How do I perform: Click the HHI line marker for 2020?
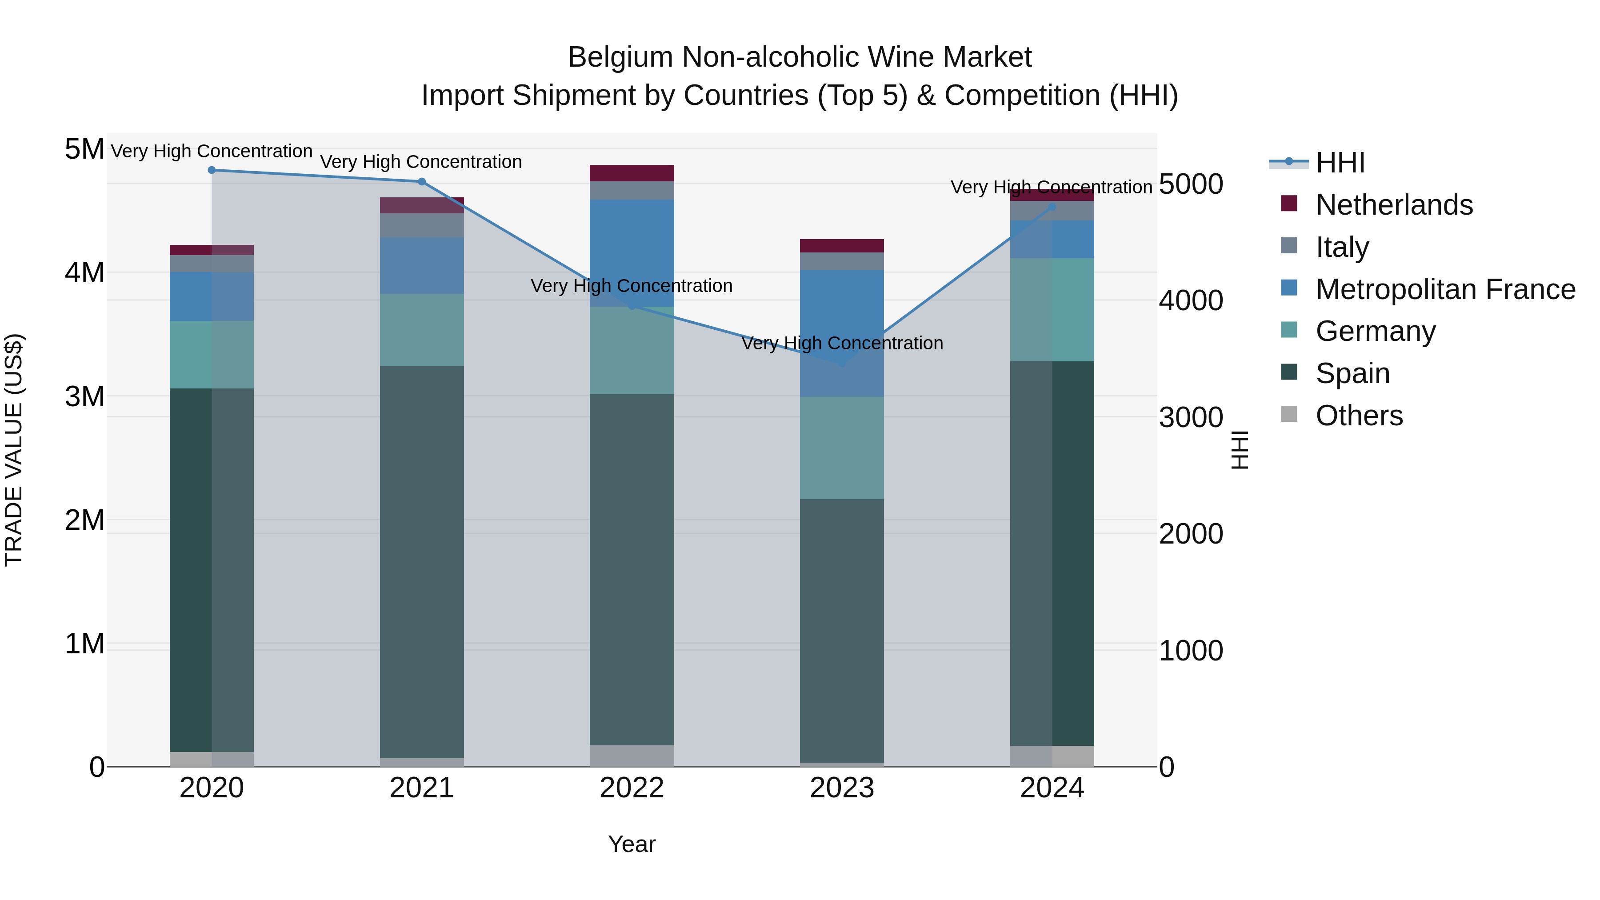[x=212, y=170]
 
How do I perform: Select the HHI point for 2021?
[x=422, y=181]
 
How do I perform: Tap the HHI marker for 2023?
[x=842, y=363]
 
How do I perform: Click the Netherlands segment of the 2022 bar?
[x=632, y=173]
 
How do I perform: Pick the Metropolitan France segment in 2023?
[x=842, y=333]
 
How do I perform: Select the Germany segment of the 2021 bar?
[x=422, y=330]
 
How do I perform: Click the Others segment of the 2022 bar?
[x=632, y=755]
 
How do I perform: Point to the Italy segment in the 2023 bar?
[x=842, y=261]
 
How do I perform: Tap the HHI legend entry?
[x=1340, y=163]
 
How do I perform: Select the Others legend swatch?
[x=1289, y=414]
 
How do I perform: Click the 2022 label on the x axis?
[x=632, y=788]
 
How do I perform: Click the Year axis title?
[x=632, y=844]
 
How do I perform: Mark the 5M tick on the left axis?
[x=84, y=149]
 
